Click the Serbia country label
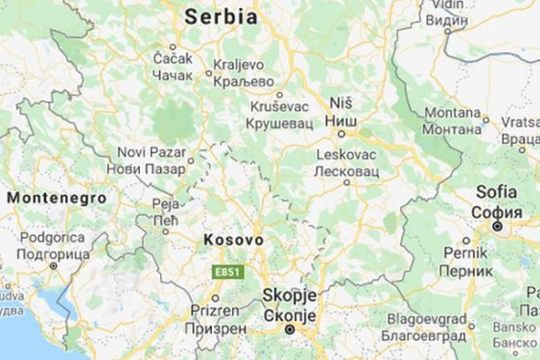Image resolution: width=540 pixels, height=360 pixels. click(x=221, y=16)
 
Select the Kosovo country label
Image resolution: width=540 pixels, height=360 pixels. click(x=233, y=240)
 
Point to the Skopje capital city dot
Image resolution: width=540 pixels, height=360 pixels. click(x=290, y=329)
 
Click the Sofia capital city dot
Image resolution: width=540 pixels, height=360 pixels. click(x=497, y=227)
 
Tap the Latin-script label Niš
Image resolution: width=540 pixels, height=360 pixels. click(x=341, y=103)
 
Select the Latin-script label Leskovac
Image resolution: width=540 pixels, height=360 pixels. click(x=346, y=154)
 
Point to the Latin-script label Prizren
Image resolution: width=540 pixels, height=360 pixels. click(x=214, y=310)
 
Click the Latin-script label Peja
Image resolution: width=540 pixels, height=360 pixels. click(x=164, y=205)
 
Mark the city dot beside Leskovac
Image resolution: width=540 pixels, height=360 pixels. click(x=347, y=182)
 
